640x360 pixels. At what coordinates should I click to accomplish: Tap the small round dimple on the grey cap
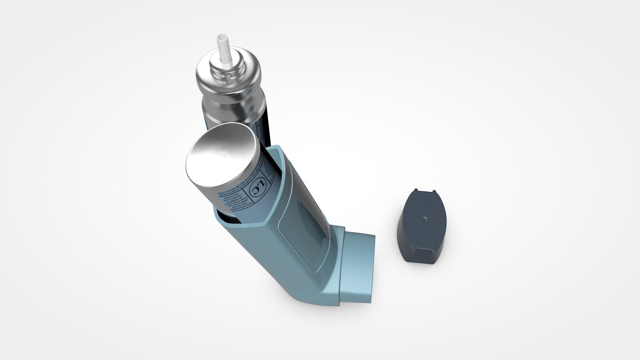pyautogui.click(x=424, y=219)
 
